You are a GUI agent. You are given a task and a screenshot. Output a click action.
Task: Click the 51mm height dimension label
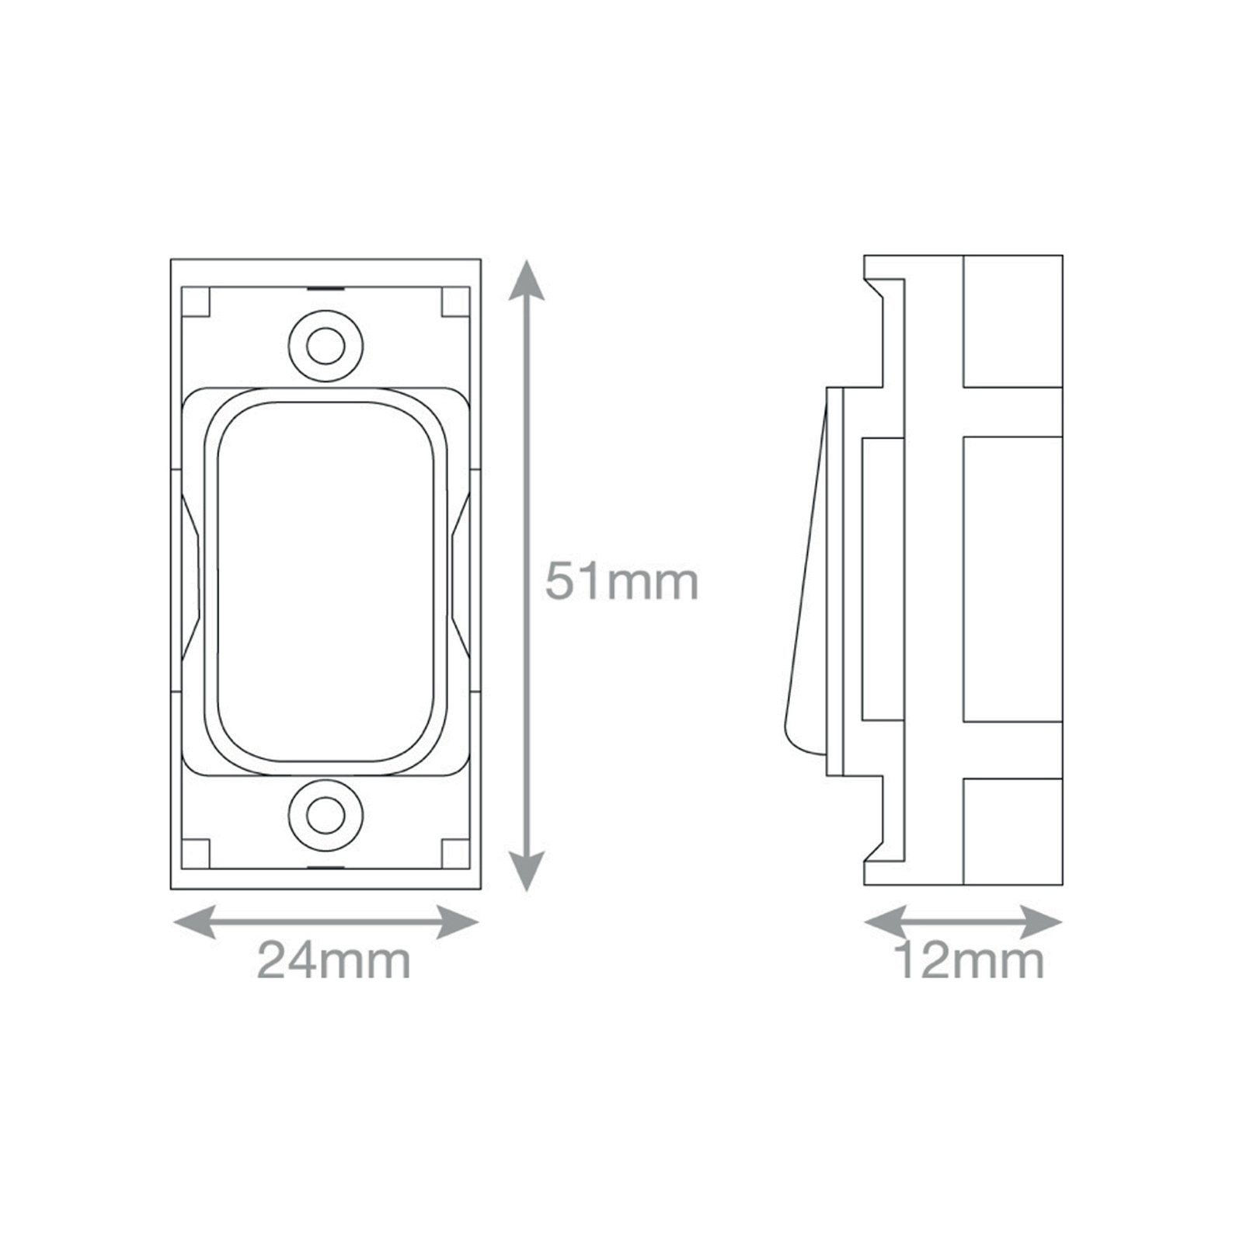pos(621,581)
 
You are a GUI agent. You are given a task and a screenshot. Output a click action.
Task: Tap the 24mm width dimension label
pos(333,960)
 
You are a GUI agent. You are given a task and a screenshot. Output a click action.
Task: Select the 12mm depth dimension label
pos(969,960)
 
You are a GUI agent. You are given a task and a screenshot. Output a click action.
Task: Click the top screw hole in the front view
pos(326,346)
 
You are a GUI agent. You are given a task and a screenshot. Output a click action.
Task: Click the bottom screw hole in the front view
pos(326,815)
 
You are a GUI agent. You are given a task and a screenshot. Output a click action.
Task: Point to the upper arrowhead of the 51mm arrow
pos(527,280)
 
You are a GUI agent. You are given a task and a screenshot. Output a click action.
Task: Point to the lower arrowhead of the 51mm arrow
pos(527,870)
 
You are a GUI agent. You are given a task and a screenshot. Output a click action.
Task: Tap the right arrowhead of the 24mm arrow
pos(457,922)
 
